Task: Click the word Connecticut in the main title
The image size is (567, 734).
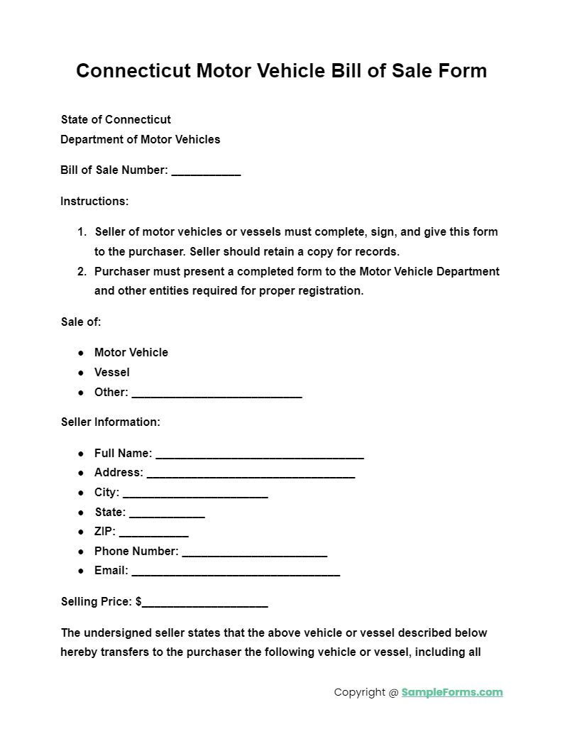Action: (133, 71)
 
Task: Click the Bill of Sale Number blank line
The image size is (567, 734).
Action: (206, 172)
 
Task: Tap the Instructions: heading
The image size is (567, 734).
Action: (94, 201)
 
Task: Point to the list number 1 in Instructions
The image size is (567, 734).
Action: (82, 231)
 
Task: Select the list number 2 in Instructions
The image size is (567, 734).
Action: (82, 271)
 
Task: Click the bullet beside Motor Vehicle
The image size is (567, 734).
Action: (81, 353)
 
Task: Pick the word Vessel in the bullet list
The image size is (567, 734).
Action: (112, 372)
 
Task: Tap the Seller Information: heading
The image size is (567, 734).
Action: (111, 422)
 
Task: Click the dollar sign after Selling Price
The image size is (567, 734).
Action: (138, 602)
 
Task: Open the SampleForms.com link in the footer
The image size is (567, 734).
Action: (452, 692)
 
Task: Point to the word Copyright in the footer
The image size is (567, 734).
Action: (360, 692)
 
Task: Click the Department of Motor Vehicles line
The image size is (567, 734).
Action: (141, 139)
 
